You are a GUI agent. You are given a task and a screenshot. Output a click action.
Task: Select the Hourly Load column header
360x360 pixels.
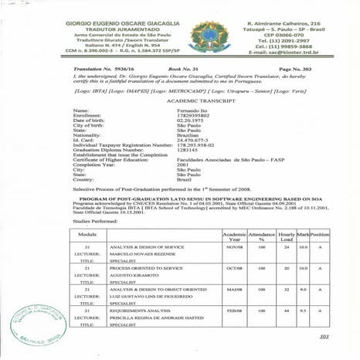[286, 235]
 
